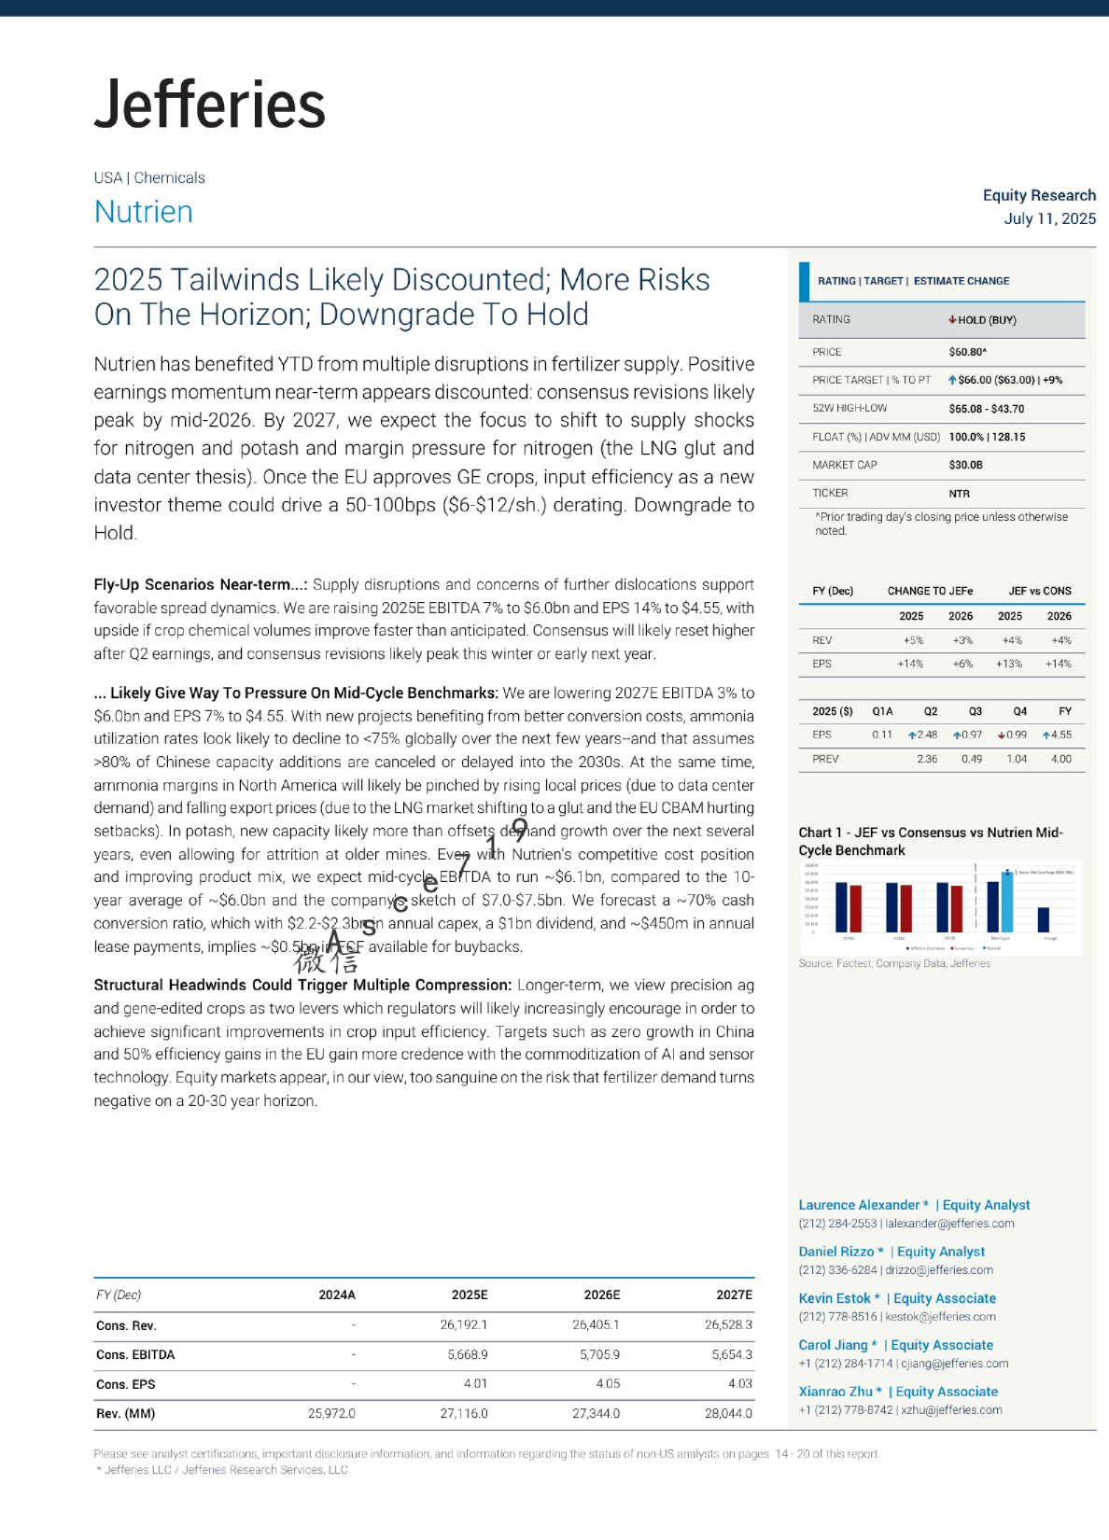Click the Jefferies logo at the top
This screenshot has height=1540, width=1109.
click(x=209, y=105)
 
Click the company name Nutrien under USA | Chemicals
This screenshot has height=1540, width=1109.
click(x=144, y=212)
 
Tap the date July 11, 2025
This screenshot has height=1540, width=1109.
click(x=1049, y=218)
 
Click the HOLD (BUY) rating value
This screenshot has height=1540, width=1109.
click(x=986, y=320)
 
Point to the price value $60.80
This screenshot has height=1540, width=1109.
click(x=967, y=352)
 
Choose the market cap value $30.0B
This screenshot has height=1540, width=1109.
click(x=965, y=465)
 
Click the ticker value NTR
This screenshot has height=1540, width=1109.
click(x=959, y=494)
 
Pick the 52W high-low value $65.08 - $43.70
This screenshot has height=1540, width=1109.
click(x=986, y=409)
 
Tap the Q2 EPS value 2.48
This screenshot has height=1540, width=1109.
click(x=926, y=735)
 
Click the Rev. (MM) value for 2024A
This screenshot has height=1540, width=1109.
click(x=331, y=1413)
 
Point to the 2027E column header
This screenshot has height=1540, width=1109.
click(x=734, y=1295)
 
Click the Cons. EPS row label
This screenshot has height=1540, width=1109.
click(x=126, y=1384)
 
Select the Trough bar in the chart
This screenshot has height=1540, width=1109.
click(x=1044, y=919)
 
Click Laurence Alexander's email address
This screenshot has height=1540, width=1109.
click(x=949, y=1224)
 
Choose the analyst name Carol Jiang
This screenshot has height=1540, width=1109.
click(x=833, y=1345)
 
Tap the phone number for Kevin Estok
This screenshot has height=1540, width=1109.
click(x=837, y=1317)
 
